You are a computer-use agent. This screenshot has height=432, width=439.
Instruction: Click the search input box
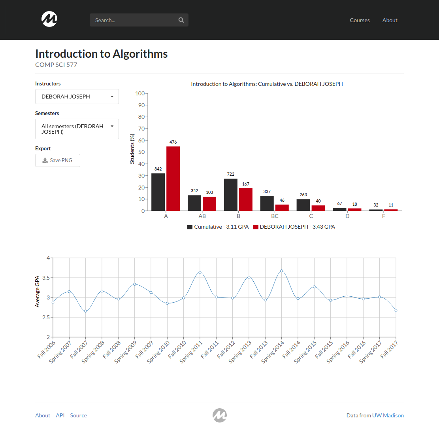coord(134,20)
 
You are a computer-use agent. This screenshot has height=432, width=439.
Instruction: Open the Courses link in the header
coord(360,20)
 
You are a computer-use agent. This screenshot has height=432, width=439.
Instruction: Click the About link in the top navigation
coord(390,20)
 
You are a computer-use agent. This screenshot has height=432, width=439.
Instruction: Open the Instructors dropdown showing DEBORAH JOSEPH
coord(77,97)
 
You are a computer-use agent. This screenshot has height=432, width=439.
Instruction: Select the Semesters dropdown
coord(77,129)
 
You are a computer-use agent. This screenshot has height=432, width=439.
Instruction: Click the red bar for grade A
coord(173,178)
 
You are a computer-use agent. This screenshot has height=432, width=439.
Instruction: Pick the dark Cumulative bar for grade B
coord(231,195)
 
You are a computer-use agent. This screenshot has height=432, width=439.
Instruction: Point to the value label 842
coord(158,169)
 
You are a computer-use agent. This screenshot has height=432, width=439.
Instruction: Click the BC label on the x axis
coord(275,216)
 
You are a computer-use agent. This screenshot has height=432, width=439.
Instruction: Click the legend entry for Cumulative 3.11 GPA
coord(218,227)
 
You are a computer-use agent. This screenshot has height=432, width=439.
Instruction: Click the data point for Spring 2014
coord(282,271)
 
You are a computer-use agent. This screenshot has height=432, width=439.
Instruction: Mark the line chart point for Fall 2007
coord(86,311)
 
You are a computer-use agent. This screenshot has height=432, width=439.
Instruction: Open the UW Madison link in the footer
coord(388,415)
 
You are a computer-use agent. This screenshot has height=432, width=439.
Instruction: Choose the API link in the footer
coord(60,415)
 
